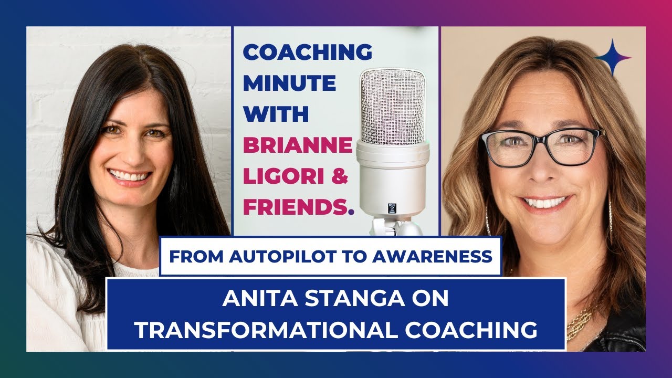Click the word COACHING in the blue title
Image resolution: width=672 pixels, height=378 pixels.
(x=308, y=52)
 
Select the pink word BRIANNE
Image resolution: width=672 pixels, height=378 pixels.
(x=297, y=145)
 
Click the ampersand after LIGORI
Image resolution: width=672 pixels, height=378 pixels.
(x=340, y=176)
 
